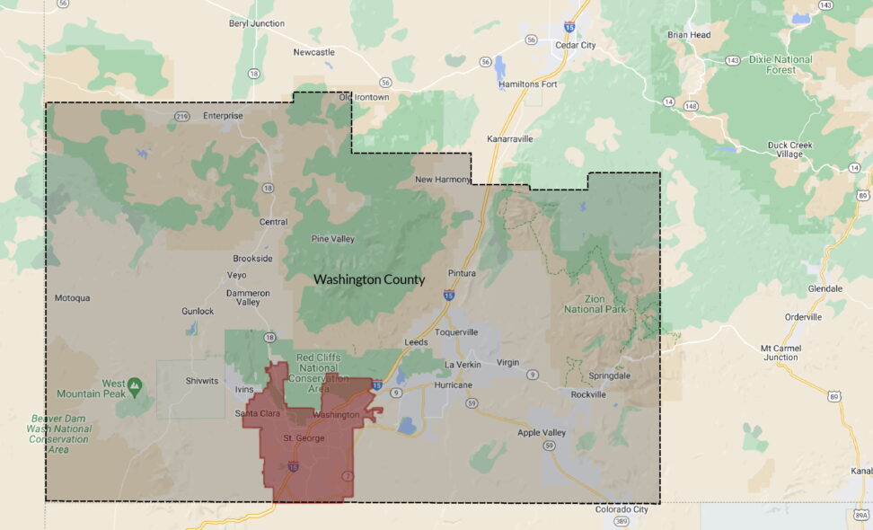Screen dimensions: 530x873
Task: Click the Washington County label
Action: [x=369, y=279]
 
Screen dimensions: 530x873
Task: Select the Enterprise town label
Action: [x=223, y=116]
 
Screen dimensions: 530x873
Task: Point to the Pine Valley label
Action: [x=332, y=239]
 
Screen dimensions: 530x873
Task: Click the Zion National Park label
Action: [x=595, y=304]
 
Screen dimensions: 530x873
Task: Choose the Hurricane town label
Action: [x=454, y=384]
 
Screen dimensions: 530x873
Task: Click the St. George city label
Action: [x=302, y=438]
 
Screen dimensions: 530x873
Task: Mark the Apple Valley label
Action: [x=542, y=433]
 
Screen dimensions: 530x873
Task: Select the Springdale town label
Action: [x=612, y=375]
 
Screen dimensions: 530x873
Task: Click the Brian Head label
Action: [x=689, y=35]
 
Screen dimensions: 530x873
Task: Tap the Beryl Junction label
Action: [x=256, y=23]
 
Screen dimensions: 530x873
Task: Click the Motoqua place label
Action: [x=73, y=298]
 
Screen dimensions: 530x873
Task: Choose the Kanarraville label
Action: [x=509, y=139]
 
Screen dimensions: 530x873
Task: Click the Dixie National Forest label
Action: [x=781, y=65]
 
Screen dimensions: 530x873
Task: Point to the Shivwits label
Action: [x=202, y=381]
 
